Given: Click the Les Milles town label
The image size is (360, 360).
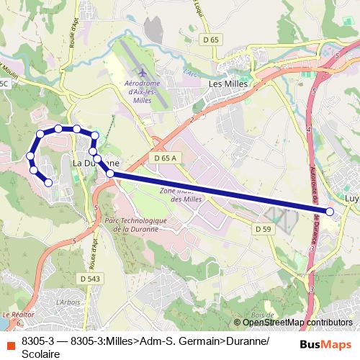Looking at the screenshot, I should click(227, 84).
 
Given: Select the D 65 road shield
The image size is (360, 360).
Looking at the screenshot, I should click(211, 40).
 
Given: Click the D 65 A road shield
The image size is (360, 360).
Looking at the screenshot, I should click(165, 156).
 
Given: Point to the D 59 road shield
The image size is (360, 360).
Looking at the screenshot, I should click(263, 228).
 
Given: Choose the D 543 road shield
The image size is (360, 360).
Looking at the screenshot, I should click(90, 278).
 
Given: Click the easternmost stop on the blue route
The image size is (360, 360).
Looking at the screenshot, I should click(330, 212).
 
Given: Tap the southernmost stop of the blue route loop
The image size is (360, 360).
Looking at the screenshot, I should click(48, 183).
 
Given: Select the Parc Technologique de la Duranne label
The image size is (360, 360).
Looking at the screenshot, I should click(135, 225).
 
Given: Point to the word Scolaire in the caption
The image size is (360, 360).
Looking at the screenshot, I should click(41, 353).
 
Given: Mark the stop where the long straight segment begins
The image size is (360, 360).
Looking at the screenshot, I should click(110, 174).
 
